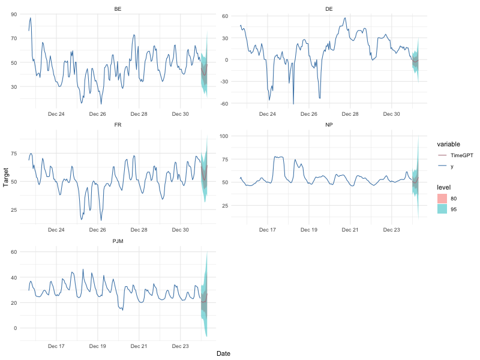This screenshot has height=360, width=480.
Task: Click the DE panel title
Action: click(x=329, y=8)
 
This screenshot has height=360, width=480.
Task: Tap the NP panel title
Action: click(x=329, y=125)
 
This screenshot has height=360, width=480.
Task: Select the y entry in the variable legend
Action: click(x=452, y=166)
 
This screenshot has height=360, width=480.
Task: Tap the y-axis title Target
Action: click(x=6, y=178)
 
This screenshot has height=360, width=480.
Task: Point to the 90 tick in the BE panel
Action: click(x=13, y=14)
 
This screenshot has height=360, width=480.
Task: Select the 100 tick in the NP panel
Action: click(x=224, y=136)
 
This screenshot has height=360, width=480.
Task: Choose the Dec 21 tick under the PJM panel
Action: click(x=139, y=346)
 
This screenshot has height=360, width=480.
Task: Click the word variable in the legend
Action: click(x=449, y=144)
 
